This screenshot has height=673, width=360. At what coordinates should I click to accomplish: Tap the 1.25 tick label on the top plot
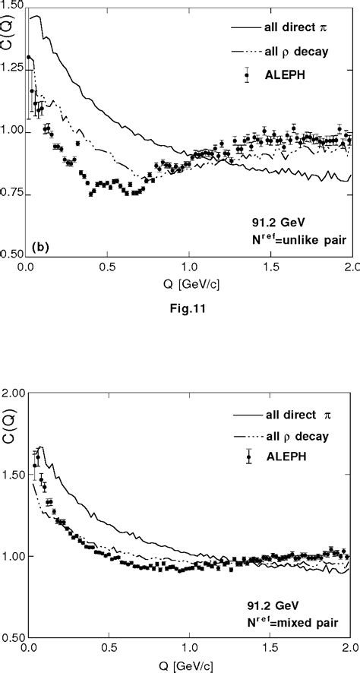click(x=12, y=69)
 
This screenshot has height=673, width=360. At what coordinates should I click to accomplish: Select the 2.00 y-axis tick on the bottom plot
click(x=12, y=393)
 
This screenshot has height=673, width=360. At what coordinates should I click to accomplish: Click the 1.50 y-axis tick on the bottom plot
click(x=12, y=474)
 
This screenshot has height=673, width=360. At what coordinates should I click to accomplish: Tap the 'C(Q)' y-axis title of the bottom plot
click(x=7, y=418)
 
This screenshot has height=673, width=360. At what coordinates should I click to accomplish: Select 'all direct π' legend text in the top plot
click(x=293, y=29)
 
